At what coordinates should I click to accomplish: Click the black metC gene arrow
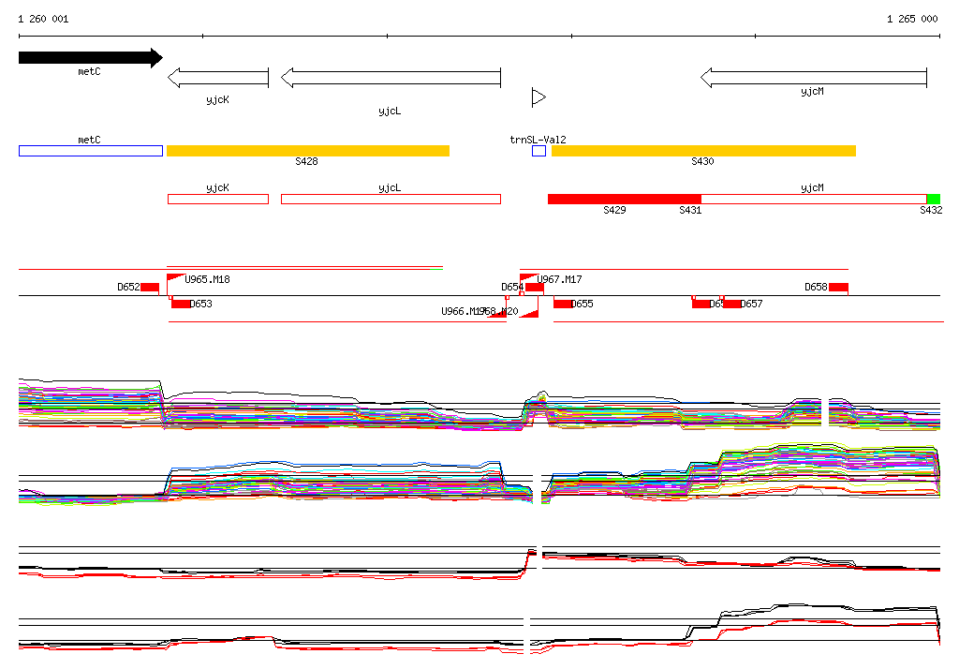click(x=89, y=58)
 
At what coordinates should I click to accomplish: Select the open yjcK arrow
click(x=217, y=78)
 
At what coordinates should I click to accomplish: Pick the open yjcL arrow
click(x=391, y=78)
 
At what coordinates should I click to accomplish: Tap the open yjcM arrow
click(x=813, y=78)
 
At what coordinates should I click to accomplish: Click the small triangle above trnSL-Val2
click(x=539, y=97)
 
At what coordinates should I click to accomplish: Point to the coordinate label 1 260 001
click(x=43, y=19)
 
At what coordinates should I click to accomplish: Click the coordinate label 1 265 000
click(x=911, y=19)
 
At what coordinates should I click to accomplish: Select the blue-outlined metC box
click(x=90, y=151)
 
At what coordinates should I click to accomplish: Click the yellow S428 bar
click(x=307, y=151)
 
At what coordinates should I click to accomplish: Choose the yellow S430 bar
click(x=703, y=151)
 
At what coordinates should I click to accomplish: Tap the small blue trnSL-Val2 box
click(x=539, y=151)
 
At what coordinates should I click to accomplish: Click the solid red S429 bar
click(x=624, y=199)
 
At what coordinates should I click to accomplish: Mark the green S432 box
click(x=933, y=199)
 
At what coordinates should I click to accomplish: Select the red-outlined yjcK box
click(x=217, y=199)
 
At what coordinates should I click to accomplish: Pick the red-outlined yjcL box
click(x=391, y=199)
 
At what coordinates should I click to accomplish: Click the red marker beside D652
click(x=150, y=287)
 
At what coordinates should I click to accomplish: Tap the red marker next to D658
click(x=838, y=287)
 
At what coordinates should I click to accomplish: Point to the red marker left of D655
click(x=563, y=304)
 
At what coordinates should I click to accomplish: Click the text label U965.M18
click(x=207, y=279)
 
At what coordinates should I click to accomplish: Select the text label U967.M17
click(x=559, y=279)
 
